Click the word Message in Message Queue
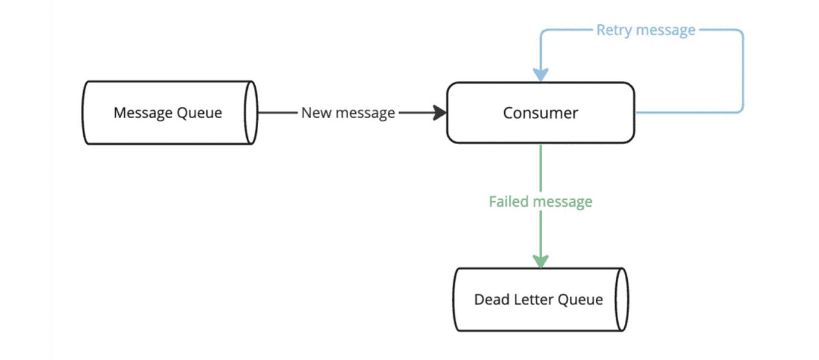pos(142,113)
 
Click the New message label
pos(348,113)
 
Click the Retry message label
pos(645,30)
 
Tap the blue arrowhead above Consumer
pos(540,75)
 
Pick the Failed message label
pos(540,201)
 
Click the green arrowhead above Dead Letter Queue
pos(540,261)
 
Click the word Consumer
pos(540,113)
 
